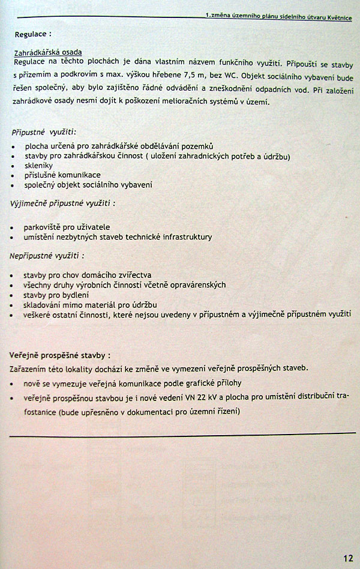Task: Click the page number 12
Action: click(x=348, y=558)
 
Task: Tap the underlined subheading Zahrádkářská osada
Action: click(x=48, y=53)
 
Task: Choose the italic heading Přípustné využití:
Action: click(x=44, y=132)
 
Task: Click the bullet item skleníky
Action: click(x=38, y=165)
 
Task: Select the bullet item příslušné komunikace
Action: click(x=62, y=175)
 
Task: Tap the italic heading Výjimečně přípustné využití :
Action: click(x=62, y=203)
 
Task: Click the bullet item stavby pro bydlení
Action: click(x=56, y=295)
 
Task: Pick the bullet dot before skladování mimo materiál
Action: click(x=14, y=306)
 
